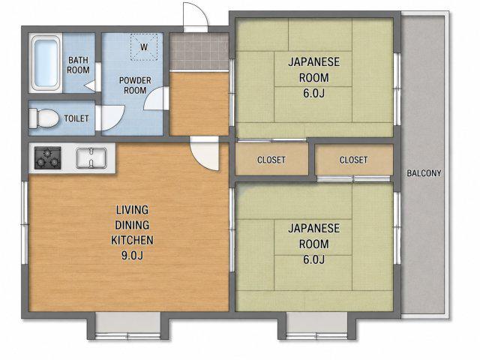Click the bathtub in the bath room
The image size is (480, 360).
[46, 63]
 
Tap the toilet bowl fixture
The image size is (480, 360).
[43, 118]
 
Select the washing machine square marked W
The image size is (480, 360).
[144, 47]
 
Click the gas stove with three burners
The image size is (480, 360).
[47, 158]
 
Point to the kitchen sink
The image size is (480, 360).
[91, 158]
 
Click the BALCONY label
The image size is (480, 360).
[424, 173]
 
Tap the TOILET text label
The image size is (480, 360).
[76, 118]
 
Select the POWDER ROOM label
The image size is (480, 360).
[135, 85]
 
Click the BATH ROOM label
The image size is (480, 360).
[78, 65]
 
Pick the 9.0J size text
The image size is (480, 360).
[132, 255]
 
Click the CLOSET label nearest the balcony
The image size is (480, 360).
[353, 160]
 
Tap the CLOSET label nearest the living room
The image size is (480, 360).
[271, 160]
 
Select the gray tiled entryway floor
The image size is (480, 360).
[199, 52]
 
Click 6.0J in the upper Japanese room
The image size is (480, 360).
[313, 93]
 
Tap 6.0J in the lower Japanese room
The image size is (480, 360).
[313, 259]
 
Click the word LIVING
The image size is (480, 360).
[132, 210]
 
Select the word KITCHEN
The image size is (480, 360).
[132, 240]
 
